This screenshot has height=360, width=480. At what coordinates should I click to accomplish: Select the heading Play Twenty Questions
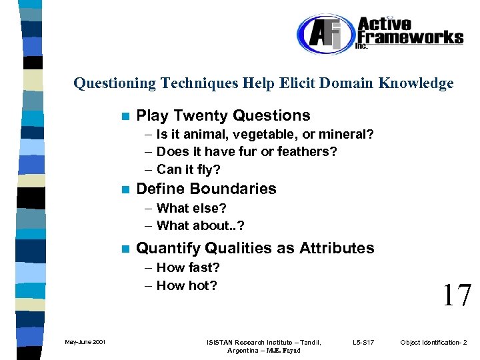point(223,115)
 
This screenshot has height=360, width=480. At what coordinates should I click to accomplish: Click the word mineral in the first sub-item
point(343,135)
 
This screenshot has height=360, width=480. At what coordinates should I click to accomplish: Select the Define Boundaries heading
point(205,189)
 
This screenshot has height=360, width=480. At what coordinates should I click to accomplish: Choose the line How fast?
point(187,268)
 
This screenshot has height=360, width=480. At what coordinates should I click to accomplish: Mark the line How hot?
point(186,286)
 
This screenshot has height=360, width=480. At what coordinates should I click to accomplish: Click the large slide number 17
point(457,295)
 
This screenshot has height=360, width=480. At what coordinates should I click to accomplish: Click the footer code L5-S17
point(363,343)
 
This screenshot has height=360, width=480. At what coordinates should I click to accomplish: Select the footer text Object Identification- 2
point(433,343)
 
